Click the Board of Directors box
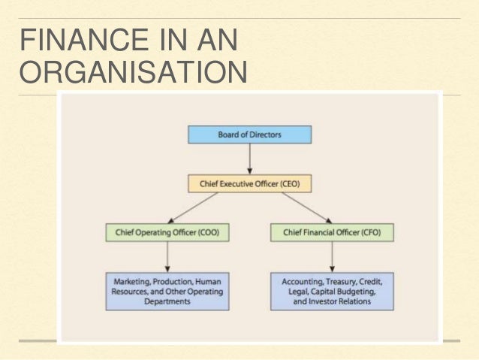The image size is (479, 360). click(249, 135)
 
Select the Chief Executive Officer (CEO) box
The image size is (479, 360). click(249, 183)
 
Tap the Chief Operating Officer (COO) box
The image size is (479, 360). click(168, 232)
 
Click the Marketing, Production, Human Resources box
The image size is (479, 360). click(168, 290)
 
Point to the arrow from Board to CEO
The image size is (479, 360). click(249, 159)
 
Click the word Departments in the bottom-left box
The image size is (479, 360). click(168, 301)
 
